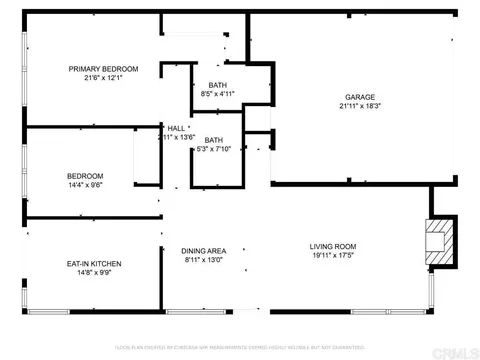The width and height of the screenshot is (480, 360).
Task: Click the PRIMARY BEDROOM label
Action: click(103, 69)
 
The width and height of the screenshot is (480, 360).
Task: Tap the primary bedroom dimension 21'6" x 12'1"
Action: click(103, 78)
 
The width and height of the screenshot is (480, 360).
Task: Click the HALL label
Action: click(176, 128)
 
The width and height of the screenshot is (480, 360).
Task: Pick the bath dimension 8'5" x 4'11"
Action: click(217, 93)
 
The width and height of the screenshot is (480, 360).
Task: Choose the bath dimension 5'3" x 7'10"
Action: click(213, 149)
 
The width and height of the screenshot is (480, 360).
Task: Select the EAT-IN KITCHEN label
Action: click(93, 264)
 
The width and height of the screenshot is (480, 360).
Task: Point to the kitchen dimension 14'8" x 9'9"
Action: click(93, 273)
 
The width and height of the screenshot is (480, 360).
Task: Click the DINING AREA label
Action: click(203, 250)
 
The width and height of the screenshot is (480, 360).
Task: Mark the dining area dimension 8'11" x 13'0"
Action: click(203, 259)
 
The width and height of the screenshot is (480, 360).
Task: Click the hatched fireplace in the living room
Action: click(438, 241)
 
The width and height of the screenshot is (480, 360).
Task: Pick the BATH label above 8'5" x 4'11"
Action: click(217, 84)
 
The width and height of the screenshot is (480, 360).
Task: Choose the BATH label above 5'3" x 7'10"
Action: click(213, 140)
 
